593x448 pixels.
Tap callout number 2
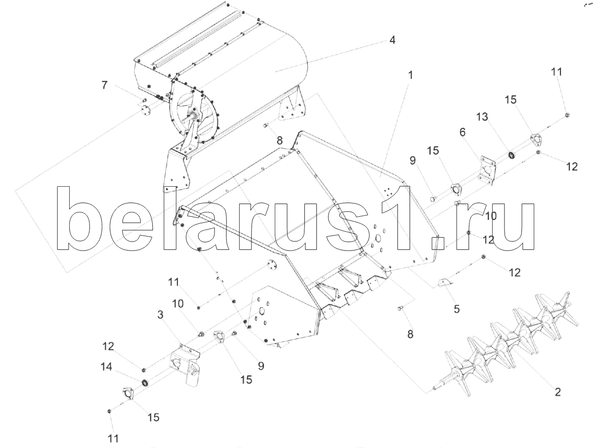[x=557, y=393]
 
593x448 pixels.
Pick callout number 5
[x=457, y=309]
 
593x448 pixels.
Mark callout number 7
[x=104, y=84]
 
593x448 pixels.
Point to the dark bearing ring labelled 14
[x=145, y=383]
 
